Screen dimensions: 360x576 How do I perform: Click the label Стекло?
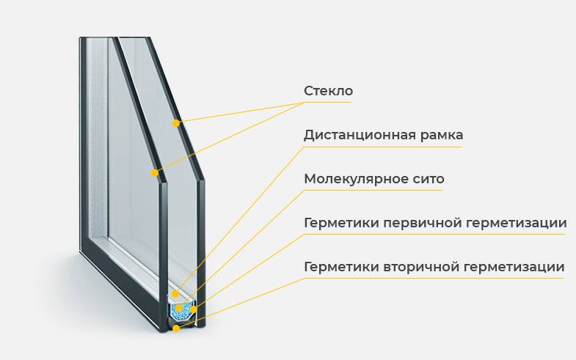pos(328,91)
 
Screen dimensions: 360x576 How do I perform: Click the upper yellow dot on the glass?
pos(176,123)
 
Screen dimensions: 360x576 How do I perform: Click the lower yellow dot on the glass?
pos(155,173)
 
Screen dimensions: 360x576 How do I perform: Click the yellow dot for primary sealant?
pos(194,309)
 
